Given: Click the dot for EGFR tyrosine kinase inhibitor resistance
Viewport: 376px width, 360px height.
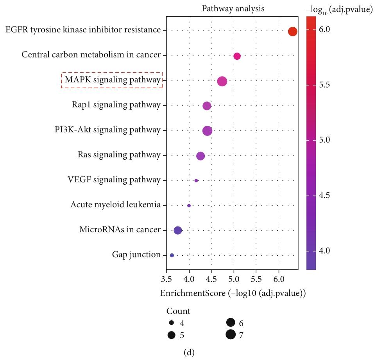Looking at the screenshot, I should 292,32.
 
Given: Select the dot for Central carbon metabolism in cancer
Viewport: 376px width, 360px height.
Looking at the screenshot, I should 237,56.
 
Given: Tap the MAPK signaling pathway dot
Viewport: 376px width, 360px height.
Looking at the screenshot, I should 222,81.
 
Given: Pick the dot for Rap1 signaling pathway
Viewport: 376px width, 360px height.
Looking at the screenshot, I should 207,106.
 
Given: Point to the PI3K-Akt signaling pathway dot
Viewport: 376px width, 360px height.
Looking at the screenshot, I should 207,131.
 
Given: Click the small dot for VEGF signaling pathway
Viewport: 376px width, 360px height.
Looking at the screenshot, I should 196,180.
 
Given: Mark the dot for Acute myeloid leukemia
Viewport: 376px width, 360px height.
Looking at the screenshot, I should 189,205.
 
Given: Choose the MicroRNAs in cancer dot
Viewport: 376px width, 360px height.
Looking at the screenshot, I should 177,230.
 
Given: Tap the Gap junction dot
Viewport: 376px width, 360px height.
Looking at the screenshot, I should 172,255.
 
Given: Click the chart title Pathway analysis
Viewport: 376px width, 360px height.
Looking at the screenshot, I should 233,9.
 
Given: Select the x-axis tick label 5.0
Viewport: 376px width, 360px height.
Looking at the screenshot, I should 234,280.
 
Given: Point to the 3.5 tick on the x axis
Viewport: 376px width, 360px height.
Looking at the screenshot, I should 167,280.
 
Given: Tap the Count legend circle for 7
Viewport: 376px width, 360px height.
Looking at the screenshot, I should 230,334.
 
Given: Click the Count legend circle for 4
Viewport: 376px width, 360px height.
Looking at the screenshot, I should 171,323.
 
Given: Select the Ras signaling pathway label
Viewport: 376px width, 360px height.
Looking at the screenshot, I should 119,155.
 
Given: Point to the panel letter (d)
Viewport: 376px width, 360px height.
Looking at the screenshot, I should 188,352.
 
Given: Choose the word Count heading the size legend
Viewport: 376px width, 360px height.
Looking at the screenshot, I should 178,311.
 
